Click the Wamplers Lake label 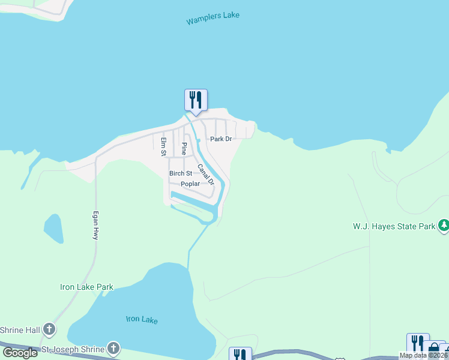(212, 18)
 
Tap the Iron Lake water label (142, 319)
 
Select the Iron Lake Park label (86, 287)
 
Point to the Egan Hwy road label (95, 226)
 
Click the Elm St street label (163, 147)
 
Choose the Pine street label (184, 148)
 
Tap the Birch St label (180, 173)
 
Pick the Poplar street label (190, 184)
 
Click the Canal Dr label (206, 175)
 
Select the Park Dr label (220, 139)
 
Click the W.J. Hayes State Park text (393, 227)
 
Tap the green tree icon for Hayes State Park (444, 226)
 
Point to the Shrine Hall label (19, 330)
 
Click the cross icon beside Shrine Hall (49, 329)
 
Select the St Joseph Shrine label (72, 349)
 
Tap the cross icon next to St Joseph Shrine (113, 348)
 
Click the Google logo (20, 353)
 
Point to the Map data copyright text (424, 355)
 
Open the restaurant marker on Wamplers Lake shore (196, 100)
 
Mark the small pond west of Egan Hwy (53, 229)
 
